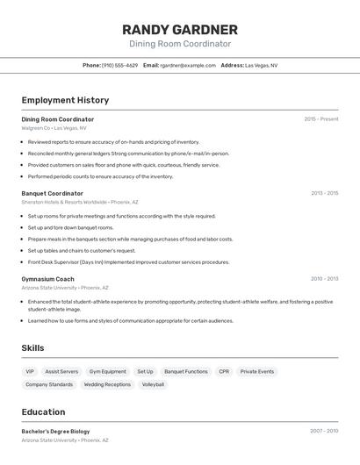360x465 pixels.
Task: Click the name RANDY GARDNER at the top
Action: pyautogui.click(x=180, y=30)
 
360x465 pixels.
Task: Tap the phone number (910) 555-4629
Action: pyautogui.click(x=119, y=65)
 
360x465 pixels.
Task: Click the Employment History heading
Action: pyautogui.click(x=65, y=100)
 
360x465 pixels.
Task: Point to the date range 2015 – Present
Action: pyautogui.click(x=321, y=118)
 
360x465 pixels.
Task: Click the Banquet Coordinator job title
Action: pyautogui.click(x=53, y=193)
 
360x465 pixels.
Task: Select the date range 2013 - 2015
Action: pyautogui.click(x=324, y=193)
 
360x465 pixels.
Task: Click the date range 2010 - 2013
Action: pyautogui.click(x=324, y=279)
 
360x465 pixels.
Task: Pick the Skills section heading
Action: pyautogui.click(x=32, y=348)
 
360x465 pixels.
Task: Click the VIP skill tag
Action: pyautogui.click(x=30, y=371)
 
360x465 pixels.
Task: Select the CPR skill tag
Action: pyautogui.click(x=224, y=371)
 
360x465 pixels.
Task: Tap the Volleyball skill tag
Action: pyautogui.click(x=153, y=384)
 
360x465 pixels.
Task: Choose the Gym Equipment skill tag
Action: pyautogui.click(x=108, y=371)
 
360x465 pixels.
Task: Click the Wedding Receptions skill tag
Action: pyautogui.click(x=107, y=384)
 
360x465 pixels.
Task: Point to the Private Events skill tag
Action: pyautogui.click(x=257, y=371)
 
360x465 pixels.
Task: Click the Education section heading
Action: pyautogui.click(x=43, y=411)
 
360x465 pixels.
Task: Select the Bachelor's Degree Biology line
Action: pyautogui.click(x=55, y=432)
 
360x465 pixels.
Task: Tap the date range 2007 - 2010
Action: pyautogui.click(x=324, y=431)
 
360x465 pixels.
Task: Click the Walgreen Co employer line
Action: pyautogui.click(x=54, y=128)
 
